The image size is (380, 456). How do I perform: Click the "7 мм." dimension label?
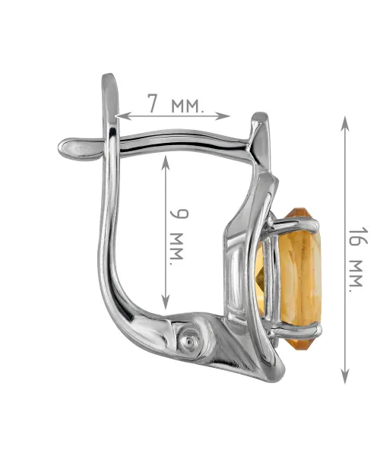point(176,103)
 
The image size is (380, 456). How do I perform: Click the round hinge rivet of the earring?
point(189,340)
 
